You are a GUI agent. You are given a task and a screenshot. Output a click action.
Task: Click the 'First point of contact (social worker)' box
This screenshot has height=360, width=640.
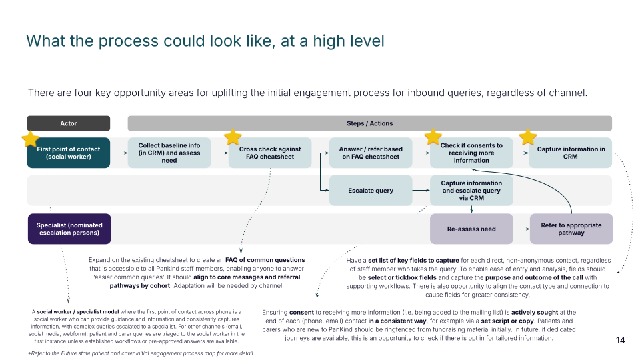pos(69,153)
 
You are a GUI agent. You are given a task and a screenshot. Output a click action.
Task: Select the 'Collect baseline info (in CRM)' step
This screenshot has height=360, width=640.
pos(169,153)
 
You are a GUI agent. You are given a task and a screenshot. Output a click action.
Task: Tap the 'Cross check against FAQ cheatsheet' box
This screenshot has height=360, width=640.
pos(270,153)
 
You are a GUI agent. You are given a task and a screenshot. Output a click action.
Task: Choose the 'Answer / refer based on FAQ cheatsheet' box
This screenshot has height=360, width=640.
pos(371,153)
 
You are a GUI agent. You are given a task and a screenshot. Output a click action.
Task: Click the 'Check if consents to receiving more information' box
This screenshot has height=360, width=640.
pos(471,153)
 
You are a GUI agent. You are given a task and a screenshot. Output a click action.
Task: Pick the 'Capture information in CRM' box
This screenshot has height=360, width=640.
pos(571,153)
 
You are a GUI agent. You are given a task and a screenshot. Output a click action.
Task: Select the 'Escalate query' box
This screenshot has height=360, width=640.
pos(371,191)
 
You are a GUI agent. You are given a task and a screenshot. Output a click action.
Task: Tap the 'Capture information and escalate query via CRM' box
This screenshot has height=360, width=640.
pos(471,191)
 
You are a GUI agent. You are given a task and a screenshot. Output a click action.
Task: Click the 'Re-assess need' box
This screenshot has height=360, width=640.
pos(471,229)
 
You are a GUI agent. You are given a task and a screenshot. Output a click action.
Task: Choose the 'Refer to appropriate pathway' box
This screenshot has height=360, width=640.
pos(571,229)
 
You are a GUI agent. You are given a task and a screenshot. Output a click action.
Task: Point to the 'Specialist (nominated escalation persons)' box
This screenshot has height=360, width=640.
pos(69,229)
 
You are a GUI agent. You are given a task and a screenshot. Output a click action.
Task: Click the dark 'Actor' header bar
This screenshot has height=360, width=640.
pos(69,123)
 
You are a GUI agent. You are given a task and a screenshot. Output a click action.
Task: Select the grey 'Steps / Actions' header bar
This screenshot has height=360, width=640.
pos(370,123)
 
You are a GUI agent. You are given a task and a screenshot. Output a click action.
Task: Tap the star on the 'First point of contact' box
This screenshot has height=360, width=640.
pos(30,139)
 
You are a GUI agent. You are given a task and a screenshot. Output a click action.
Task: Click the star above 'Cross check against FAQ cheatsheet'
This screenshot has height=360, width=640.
pos(233,137)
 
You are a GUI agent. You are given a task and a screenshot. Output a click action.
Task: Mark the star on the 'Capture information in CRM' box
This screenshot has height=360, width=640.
pos(528,137)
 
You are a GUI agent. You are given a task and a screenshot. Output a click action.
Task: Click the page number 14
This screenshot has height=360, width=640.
pos(620,341)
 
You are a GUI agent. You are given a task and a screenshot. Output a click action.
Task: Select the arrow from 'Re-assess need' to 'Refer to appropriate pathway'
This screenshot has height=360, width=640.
pos(521,229)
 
